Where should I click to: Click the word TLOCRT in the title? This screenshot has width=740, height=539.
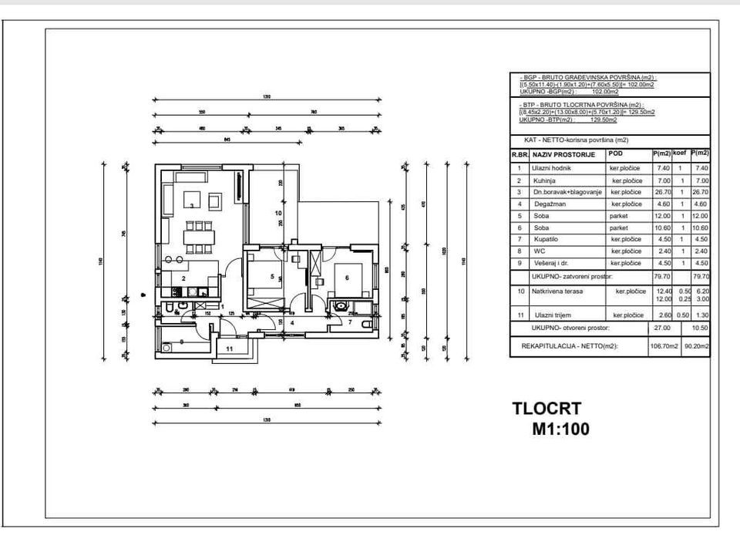click(x=547, y=409)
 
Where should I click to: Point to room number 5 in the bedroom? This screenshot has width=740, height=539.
click(x=272, y=275)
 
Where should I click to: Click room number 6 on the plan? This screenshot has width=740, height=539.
click(x=347, y=278)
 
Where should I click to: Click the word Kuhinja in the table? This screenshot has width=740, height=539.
click(x=544, y=180)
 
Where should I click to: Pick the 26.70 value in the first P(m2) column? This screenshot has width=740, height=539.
click(x=661, y=192)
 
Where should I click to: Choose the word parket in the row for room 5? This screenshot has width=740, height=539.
click(x=618, y=216)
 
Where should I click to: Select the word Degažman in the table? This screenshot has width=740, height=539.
click(x=548, y=204)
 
